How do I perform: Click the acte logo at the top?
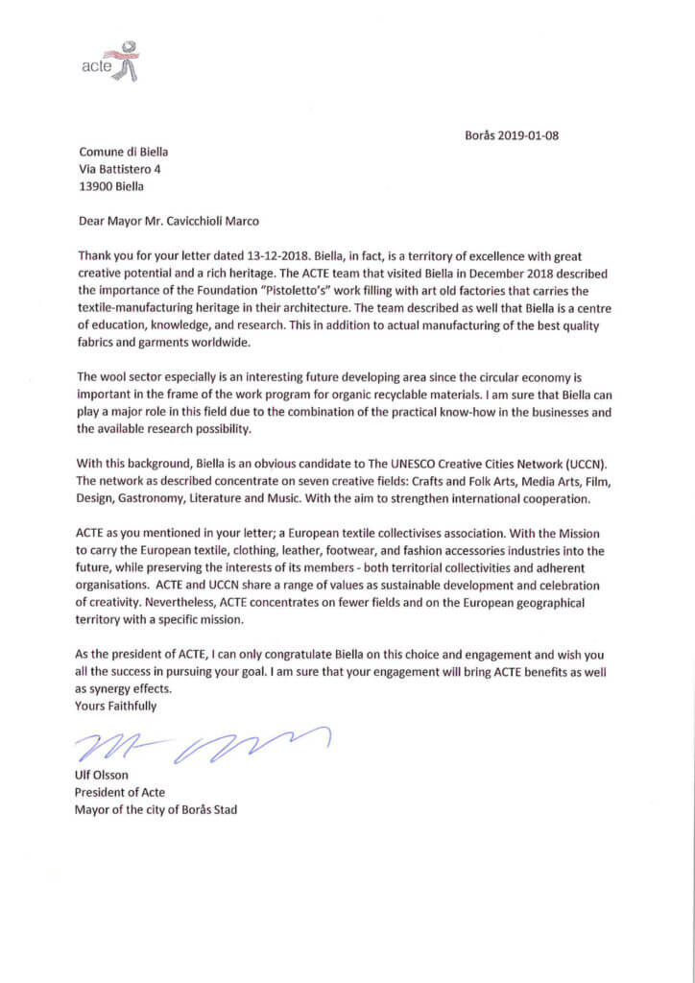point(109,60)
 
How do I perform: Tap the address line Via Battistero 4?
point(120,169)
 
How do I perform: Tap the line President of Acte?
point(120,792)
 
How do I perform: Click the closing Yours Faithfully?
point(115,706)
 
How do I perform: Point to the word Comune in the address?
point(100,152)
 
